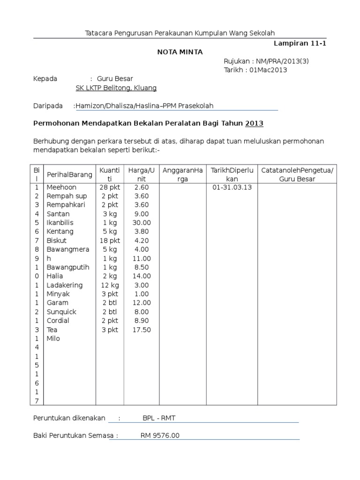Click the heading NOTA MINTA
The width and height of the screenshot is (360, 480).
[x=180, y=52]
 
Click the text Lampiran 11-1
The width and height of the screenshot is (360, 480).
[x=300, y=43]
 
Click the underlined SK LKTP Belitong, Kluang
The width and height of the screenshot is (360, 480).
[x=116, y=88]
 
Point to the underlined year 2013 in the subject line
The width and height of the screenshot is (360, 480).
[x=254, y=123]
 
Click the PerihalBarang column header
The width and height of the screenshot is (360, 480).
[x=69, y=174]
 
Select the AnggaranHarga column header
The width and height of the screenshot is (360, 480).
[x=182, y=174]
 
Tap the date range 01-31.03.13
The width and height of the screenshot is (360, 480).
[x=232, y=187]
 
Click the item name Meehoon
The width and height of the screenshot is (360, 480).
[x=61, y=187]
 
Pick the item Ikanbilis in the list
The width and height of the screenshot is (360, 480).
[x=60, y=223]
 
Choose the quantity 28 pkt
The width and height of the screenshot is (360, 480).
[x=110, y=187]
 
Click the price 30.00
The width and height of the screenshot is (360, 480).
[x=141, y=223]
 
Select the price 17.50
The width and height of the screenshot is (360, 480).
[x=141, y=330]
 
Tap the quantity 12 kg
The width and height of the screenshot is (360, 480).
[x=110, y=285]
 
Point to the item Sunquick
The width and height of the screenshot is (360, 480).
[x=61, y=312]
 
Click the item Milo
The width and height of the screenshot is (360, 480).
[x=53, y=338]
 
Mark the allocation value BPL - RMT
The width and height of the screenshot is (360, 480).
[x=159, y=418]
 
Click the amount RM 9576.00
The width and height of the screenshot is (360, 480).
[x=160, y=435]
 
